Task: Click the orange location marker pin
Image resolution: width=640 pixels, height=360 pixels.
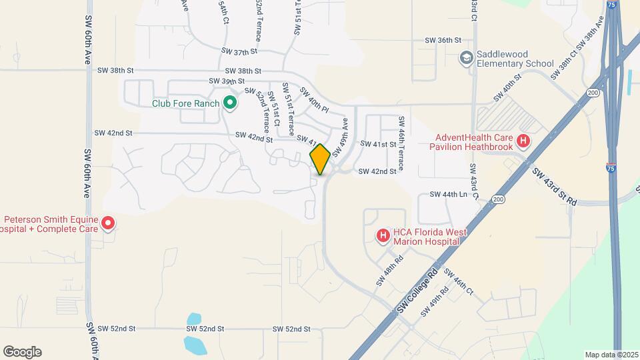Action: (x=320, y=159)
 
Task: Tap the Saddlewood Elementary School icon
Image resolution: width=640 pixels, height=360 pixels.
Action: (x=465, y=59)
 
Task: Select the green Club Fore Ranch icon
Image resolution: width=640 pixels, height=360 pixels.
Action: (x=230, y=103)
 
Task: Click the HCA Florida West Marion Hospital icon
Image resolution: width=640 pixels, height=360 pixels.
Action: (x=383, y=235)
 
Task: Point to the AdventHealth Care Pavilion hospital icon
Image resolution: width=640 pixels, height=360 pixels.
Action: (x=523, y=141)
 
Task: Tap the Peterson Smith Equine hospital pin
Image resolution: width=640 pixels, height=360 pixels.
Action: (x=107, y=223)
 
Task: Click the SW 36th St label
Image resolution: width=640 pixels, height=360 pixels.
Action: (x=443, y=41)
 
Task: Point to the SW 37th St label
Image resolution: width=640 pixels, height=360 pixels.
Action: (x=239, y=51)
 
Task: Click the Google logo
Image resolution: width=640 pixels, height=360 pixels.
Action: (x=22, y=352)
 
